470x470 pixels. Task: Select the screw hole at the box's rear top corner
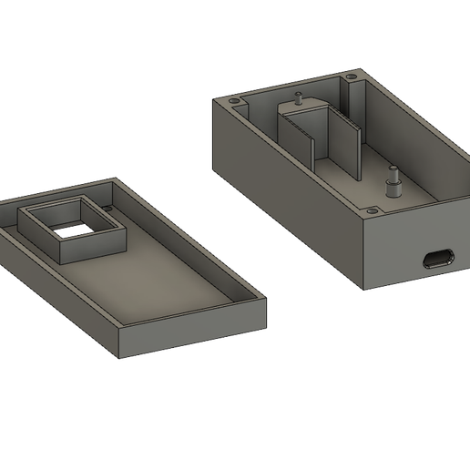351,78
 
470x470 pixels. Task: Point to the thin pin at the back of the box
298,96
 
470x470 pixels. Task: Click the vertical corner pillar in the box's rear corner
349,100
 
